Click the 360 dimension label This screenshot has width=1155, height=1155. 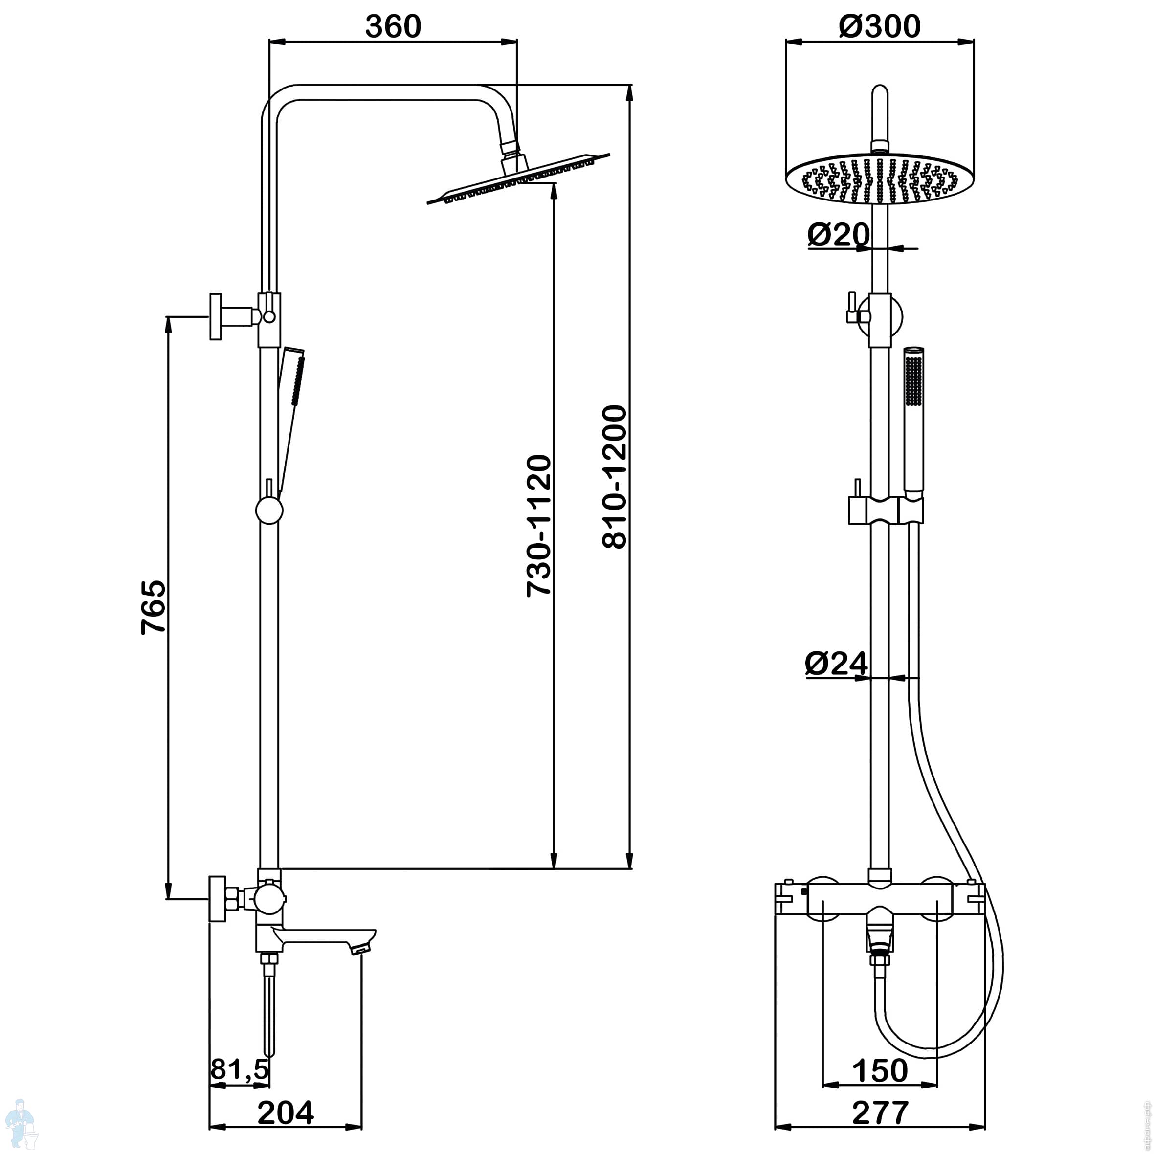click(393, 26)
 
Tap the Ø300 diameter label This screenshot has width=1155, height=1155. click(879, 26)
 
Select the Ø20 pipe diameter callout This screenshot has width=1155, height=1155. click(838, 234)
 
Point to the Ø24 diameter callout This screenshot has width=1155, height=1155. click(836, 663)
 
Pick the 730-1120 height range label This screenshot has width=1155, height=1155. click(539, 526)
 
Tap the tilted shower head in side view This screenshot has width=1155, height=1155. click(519, 179)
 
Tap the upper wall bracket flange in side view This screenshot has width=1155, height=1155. click(216, 317)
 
